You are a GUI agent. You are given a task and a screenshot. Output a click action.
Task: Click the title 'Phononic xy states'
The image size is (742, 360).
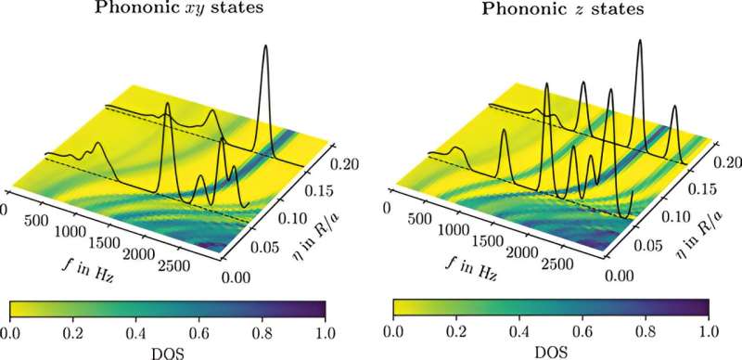click(x=165, y=10)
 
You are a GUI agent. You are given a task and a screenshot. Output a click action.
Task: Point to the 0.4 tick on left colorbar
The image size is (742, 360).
click(x=135, y=329)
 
